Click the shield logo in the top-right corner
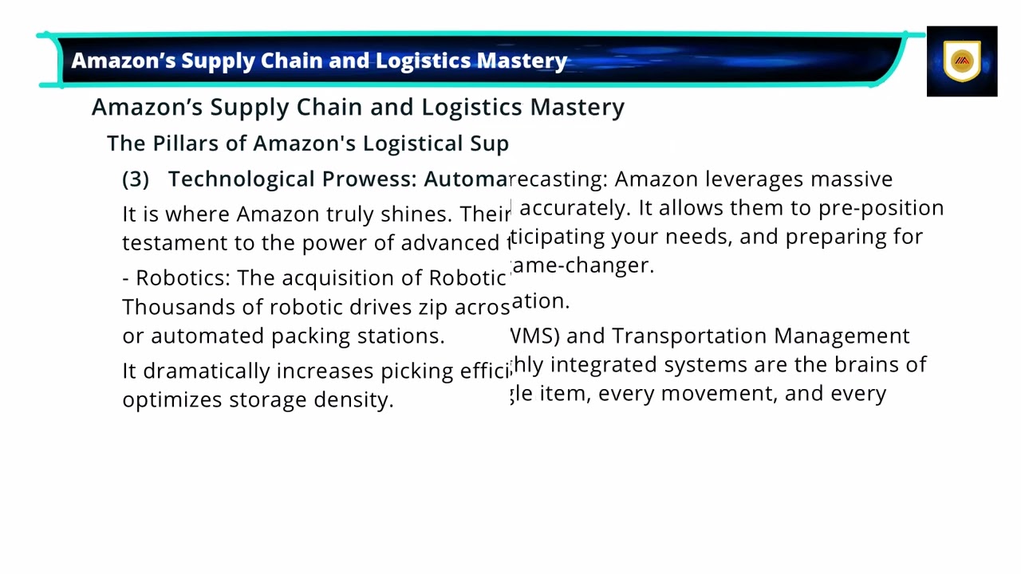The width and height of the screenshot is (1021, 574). point(962,61)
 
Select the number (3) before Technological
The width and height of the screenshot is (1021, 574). point(136,179)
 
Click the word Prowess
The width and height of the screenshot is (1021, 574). point(369,179)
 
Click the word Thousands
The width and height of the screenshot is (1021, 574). point(164,308)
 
